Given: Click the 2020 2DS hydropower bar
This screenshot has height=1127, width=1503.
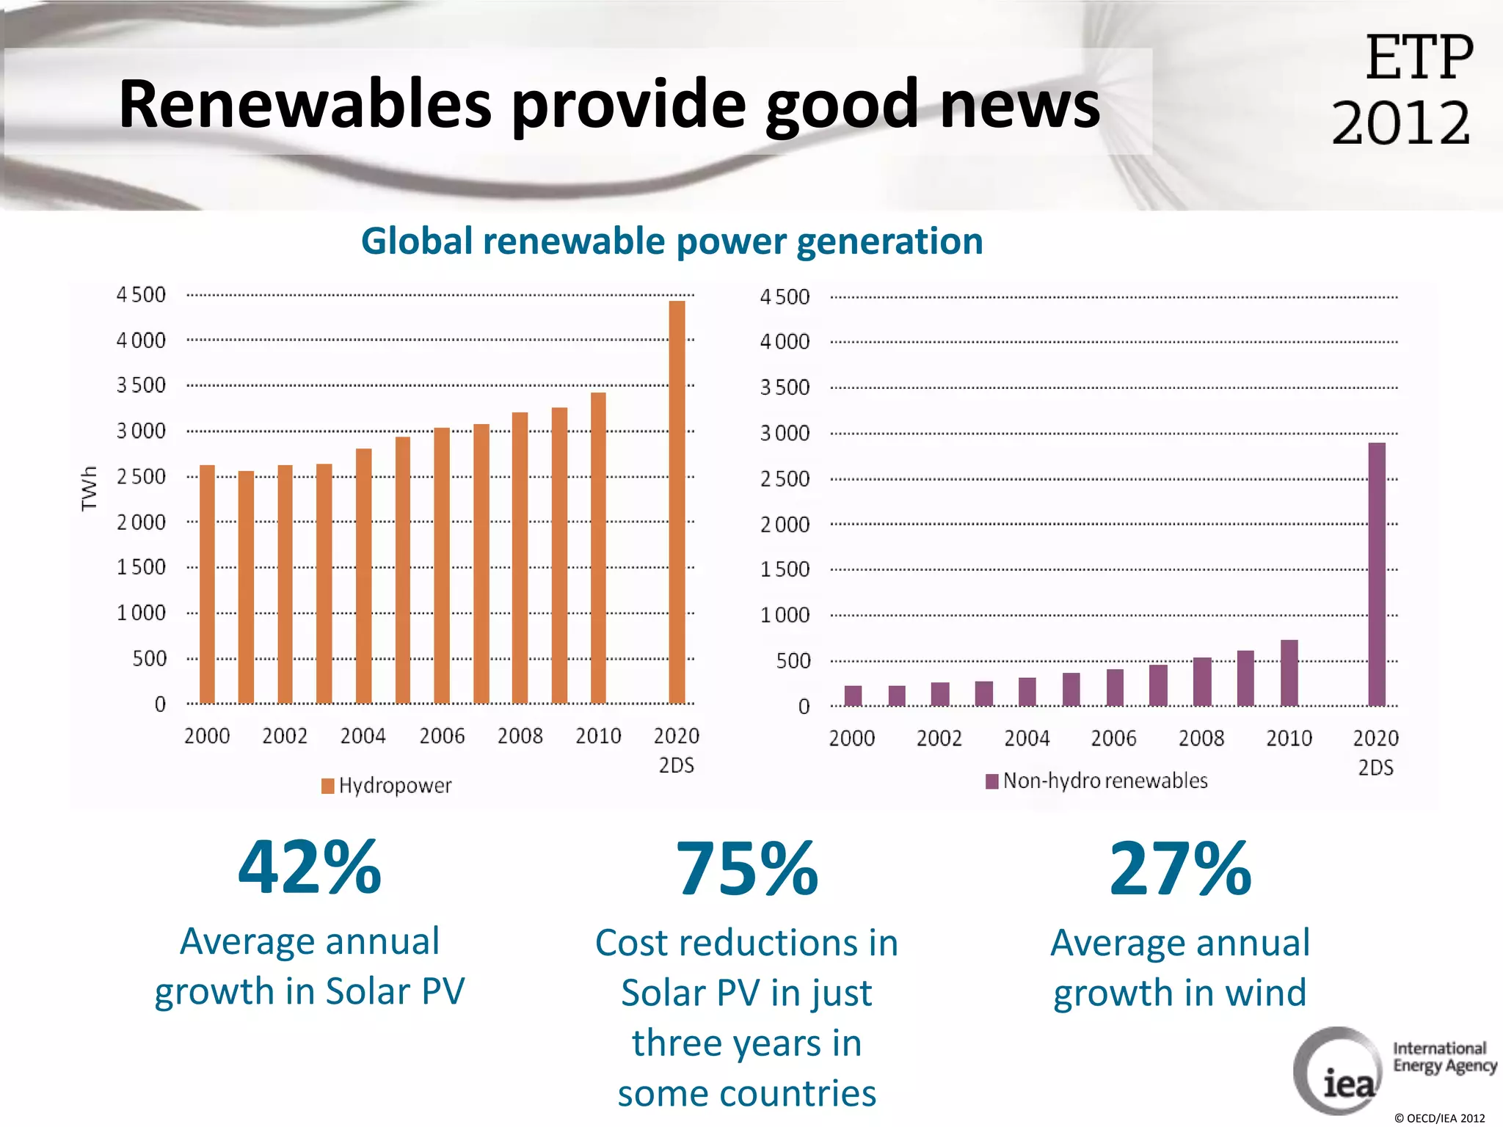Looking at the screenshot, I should click(677, 503).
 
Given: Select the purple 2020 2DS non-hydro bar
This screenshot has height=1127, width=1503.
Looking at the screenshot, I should click(1377, 574).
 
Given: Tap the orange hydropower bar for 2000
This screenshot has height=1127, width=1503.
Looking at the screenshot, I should click(207, 584).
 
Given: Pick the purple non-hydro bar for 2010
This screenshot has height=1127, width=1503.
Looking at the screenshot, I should click(1289, 673).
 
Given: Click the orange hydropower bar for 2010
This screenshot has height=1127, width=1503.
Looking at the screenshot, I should click(598, 547).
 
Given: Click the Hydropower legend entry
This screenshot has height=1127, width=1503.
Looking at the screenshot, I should click(387, 786).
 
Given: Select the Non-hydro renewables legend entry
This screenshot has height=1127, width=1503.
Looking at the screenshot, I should click(1096, 781).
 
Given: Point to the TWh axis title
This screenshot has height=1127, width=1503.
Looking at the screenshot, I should click(89, 488).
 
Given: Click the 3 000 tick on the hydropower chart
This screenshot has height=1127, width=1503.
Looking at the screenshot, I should click(141, 431).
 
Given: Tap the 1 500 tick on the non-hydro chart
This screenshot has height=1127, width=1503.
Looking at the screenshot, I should click(785, 569).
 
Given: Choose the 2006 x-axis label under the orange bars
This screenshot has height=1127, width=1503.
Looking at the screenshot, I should click(442, 736).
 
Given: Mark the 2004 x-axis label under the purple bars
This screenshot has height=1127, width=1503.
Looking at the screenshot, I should click(1027, 738).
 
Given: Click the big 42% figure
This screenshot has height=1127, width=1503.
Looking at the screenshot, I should click(310, 868).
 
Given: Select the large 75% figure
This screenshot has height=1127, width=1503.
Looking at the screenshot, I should click(746, 869).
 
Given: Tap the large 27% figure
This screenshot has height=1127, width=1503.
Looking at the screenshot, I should click(1180, 869).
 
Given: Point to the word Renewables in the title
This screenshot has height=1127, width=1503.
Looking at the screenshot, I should click(305, 104).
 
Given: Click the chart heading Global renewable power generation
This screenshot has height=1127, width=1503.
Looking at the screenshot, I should click(672, 241).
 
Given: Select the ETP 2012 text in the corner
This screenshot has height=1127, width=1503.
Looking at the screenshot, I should click(1402, 90).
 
